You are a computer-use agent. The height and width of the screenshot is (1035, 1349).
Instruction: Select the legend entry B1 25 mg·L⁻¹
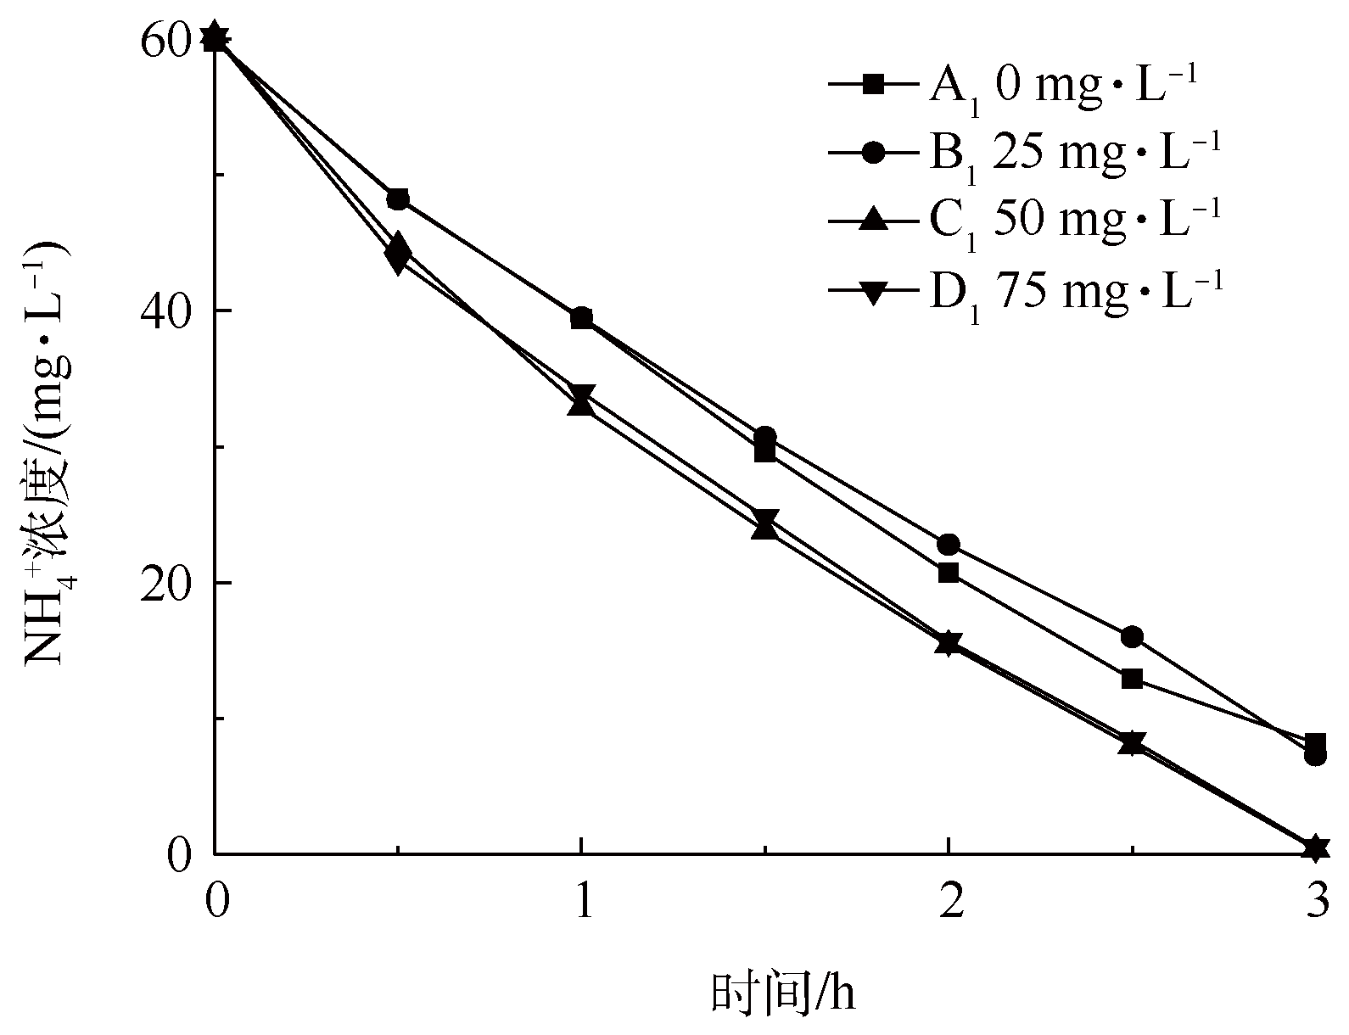coord(1025,153)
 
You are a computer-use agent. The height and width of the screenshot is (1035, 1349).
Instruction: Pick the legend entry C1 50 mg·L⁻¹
coord(1025,221)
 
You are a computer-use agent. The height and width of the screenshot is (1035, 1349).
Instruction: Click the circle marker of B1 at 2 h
coord(949,545)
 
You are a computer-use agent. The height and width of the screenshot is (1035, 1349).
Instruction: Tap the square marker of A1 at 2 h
coord(949,573)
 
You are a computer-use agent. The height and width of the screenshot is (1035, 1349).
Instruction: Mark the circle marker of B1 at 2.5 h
coord(1132,636)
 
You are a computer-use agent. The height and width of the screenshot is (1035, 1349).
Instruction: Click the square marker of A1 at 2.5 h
coord(1132,679)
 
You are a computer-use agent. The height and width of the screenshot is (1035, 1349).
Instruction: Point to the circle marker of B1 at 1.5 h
coord(765,437)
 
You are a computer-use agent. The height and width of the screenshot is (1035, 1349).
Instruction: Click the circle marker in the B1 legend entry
coord(875,153)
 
